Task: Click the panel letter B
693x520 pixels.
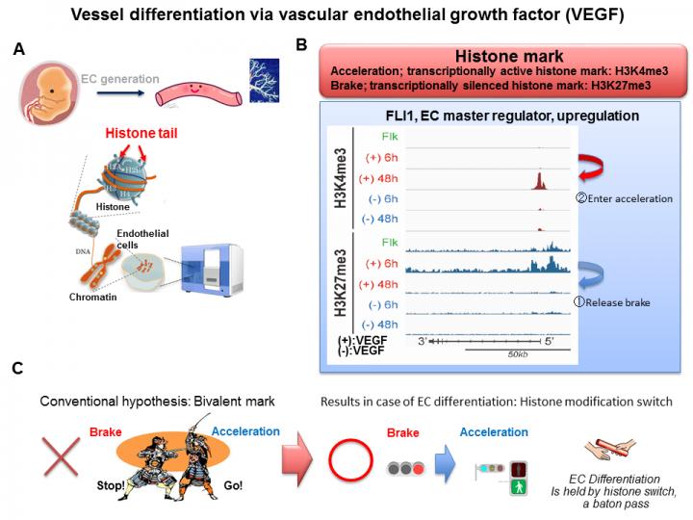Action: pyautogui.click(x=301, y=45)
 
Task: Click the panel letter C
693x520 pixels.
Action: pyautogui.click(x=18, y=369)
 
